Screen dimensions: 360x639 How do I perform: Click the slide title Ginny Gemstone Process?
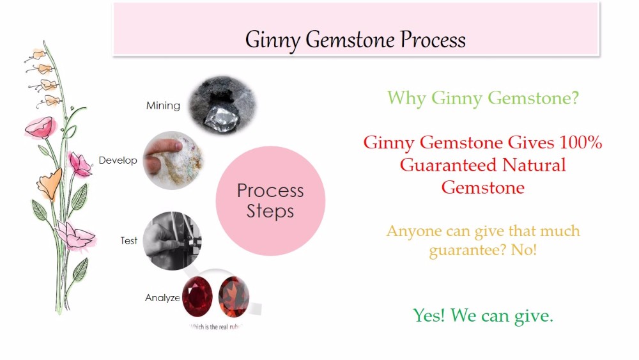(x=355, y=40)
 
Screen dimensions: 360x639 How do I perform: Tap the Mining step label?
(x=163, y=106)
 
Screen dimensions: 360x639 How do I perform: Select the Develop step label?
(x=118, y=160)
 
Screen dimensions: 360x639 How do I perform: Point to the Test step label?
(x=128, y=241)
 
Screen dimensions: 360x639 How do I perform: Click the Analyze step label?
(x=162, y=298)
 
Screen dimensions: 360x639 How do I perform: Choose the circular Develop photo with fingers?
(x=171, y=160)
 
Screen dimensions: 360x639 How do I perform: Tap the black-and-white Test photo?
(x=171, y=240)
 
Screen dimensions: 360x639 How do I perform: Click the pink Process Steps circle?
(x=270, y=201)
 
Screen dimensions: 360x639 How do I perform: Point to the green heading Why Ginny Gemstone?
(x=483, y=98)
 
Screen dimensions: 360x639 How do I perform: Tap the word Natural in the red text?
(x=534, y=165)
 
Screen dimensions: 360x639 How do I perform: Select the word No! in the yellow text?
(x=524, y=250)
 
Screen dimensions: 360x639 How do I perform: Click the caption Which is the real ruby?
(x=215, y=326)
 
